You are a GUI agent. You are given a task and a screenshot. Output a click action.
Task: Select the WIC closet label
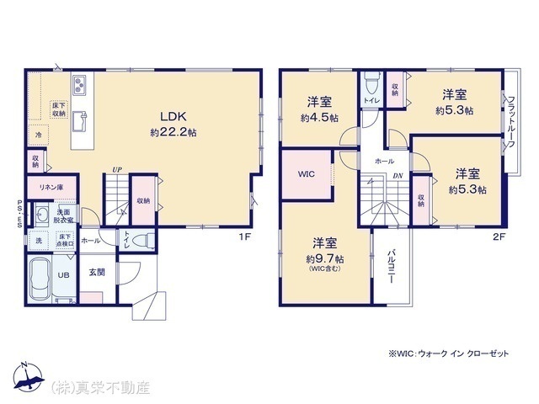pyautogui.click(x=306, y=174)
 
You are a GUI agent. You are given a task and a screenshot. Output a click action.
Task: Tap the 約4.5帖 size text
pyautogui.click(x=318, y=119)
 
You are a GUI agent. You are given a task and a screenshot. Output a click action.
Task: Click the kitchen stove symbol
pyautogui.click(x=78, y=84)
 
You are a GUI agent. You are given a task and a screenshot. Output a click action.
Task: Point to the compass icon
pyautogui.click(x=27, y=379)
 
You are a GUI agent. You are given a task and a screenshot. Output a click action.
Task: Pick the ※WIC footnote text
pyautogui.click(x=449, y=355)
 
